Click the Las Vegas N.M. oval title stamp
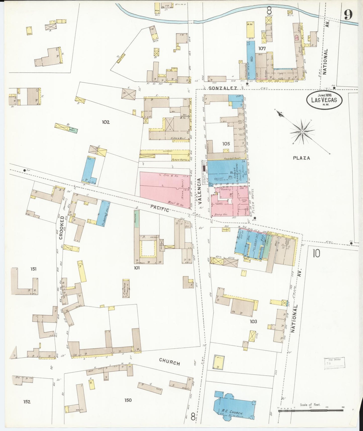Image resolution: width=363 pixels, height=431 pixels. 324,100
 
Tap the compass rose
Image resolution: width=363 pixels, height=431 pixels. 302,132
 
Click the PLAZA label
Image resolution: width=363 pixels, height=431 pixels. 301,158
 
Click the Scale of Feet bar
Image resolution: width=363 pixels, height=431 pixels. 310,410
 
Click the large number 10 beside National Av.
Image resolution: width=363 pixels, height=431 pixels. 316,253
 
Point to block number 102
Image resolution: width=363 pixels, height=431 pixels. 106,122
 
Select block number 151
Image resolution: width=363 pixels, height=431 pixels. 33,269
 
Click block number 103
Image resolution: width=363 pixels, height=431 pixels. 253,321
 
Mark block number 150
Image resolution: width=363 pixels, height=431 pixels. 128,400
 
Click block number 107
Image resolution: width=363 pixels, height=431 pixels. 262,48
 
